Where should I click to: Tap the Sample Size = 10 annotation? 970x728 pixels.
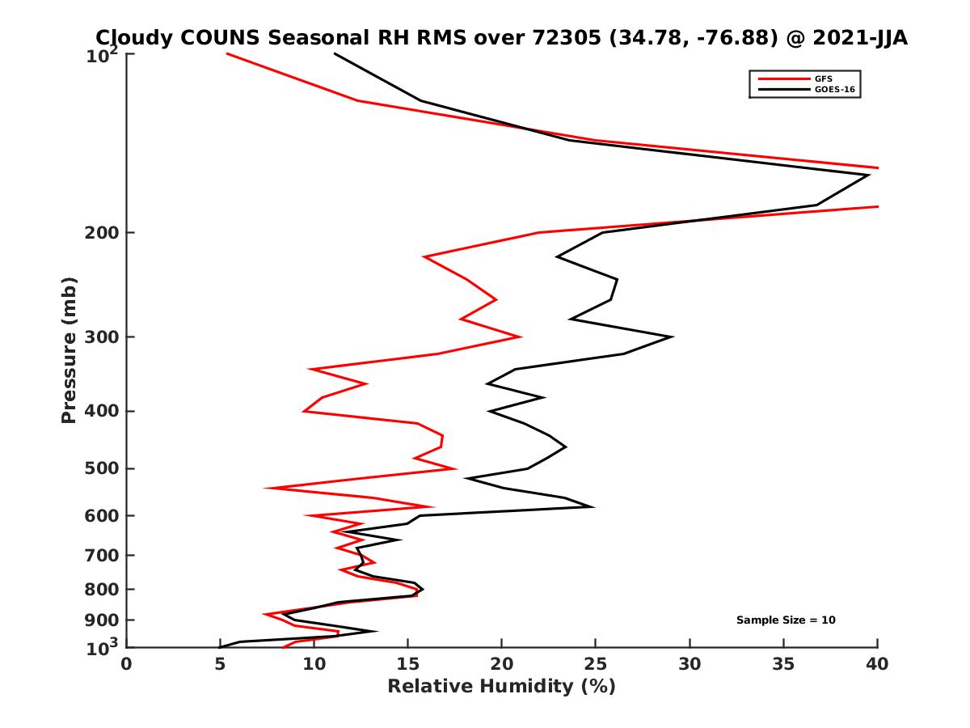[x=786, y=620]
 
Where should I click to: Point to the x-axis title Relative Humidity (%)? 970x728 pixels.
[x=501, y=687]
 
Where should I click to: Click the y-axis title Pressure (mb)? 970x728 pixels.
[x=69, y=349]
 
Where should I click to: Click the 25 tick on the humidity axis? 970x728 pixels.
[x=596, y=664]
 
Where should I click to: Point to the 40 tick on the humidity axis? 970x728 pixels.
[x=877, y=664]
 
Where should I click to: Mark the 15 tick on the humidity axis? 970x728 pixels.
[x=408, y=664]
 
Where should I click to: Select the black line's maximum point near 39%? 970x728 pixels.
[x=869, y=175]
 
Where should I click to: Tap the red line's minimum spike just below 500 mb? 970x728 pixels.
[x=266, y=489]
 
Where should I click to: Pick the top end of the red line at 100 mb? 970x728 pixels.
[x=227, y=53]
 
